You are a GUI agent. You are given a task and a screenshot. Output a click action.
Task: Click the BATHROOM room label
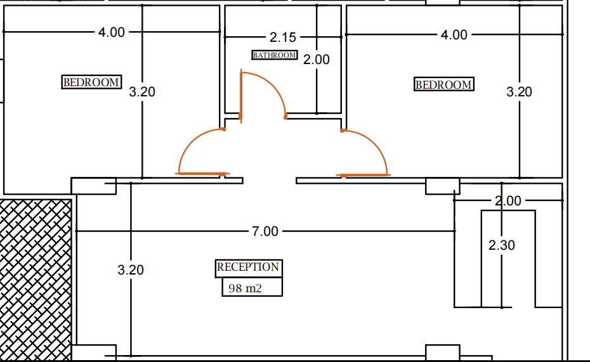[x=275, y=55]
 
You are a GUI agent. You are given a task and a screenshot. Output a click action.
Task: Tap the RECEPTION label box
[x=248, y=268]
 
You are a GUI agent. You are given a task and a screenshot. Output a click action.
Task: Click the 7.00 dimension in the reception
[x=265, y=231]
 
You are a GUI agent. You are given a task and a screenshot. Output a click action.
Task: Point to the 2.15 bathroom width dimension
[x=282, y=37]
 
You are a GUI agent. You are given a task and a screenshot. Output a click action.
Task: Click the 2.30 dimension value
[x=502, y=245]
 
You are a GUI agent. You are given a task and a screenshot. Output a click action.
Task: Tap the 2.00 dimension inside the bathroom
[x=317, y=60]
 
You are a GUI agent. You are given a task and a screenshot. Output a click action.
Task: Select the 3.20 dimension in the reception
[x=131, y=270]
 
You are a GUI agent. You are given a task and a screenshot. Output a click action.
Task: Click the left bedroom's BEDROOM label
[x=91, y=82]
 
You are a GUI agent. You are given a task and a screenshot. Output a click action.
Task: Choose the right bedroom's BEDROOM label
[x=443, y=84]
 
